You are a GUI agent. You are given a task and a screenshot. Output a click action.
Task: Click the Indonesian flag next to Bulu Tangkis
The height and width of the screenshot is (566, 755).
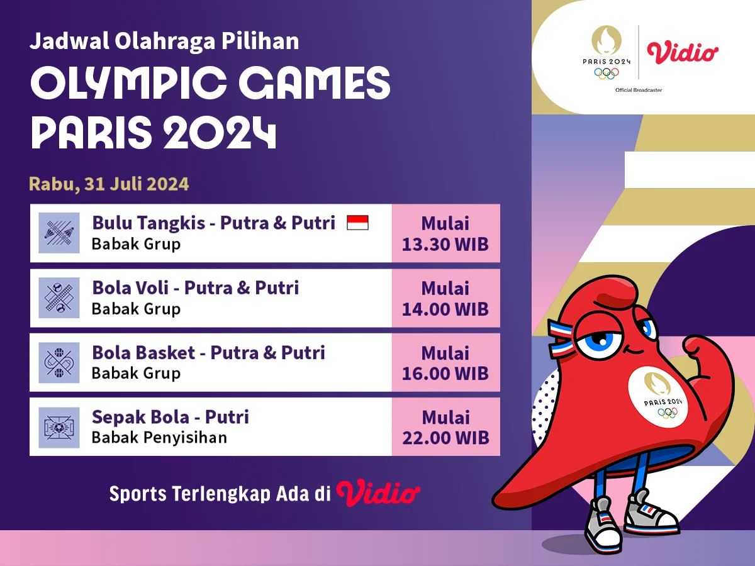tap(357, 223)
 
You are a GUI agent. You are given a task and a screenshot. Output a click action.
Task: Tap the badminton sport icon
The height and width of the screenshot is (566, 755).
tap(59, 233)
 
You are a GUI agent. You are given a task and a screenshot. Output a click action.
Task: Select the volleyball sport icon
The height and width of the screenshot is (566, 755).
tap(59, 298)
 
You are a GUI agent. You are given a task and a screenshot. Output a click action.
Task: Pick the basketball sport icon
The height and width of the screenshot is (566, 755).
tap(59, 363)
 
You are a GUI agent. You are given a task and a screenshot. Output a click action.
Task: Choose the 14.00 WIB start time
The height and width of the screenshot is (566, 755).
tap(445, 309)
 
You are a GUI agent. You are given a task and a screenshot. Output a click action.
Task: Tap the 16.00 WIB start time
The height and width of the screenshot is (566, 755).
tap(445, 374)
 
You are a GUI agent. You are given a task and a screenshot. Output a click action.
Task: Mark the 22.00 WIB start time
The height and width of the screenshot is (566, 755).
tap(445, 438)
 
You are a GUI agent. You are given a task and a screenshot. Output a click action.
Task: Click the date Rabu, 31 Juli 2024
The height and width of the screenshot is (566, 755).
tap(109, 184)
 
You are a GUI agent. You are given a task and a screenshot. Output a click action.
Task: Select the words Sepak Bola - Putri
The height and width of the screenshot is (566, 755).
tap(171, 417)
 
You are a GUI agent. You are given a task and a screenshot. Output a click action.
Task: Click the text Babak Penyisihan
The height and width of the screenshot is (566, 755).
tap(159, 438)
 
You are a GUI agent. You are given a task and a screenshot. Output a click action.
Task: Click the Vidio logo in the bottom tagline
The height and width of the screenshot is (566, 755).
tap(378, 493)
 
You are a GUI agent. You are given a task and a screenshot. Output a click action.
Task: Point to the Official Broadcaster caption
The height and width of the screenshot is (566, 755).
tap(639, 91)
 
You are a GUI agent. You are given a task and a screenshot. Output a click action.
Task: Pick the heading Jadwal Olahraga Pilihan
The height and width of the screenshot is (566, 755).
tap(164, 42)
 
